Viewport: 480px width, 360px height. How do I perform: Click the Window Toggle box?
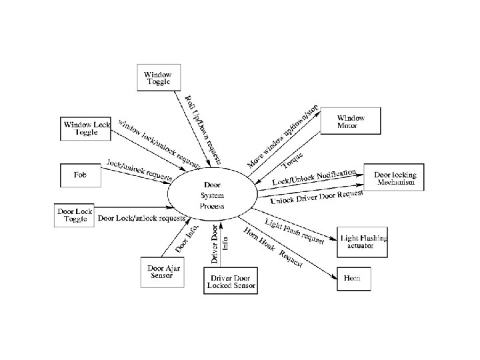(157, 78)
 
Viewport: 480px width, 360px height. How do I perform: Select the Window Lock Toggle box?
(85, 128)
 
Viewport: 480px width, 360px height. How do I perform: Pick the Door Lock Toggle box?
(75, 215)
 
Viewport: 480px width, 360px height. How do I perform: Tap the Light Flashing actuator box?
(364, 241)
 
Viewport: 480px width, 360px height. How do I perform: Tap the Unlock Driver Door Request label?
(317, 195)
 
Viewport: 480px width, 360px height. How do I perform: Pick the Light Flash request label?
(294, 230)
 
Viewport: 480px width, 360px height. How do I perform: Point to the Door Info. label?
(186, 239)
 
